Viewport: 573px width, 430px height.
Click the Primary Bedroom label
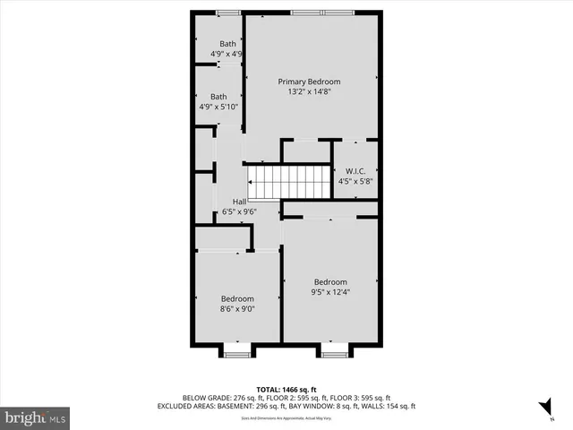(308, 82)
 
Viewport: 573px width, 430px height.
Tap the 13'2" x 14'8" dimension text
(308, 91)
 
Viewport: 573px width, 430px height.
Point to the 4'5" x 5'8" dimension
(355, 181)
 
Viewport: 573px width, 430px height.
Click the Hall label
(239, 202)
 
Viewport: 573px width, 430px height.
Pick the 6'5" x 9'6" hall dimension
(239, 212)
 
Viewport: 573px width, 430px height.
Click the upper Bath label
(228, 44)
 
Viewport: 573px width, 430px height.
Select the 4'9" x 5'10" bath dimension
(218, 107)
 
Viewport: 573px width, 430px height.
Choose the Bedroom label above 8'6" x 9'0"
(237, 299)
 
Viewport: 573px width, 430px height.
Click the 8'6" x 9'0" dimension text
(237, 310)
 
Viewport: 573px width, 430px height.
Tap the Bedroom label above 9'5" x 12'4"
(329, 282)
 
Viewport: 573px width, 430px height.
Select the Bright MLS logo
(35, 417)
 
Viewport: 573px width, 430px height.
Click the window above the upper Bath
(228, 12)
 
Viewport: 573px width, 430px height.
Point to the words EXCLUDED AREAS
(212, 407)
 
